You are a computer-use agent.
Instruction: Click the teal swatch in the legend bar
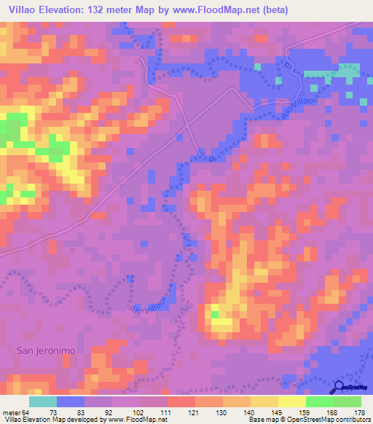click(43, 401)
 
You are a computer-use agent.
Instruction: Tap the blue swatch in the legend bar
click(71, 401)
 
